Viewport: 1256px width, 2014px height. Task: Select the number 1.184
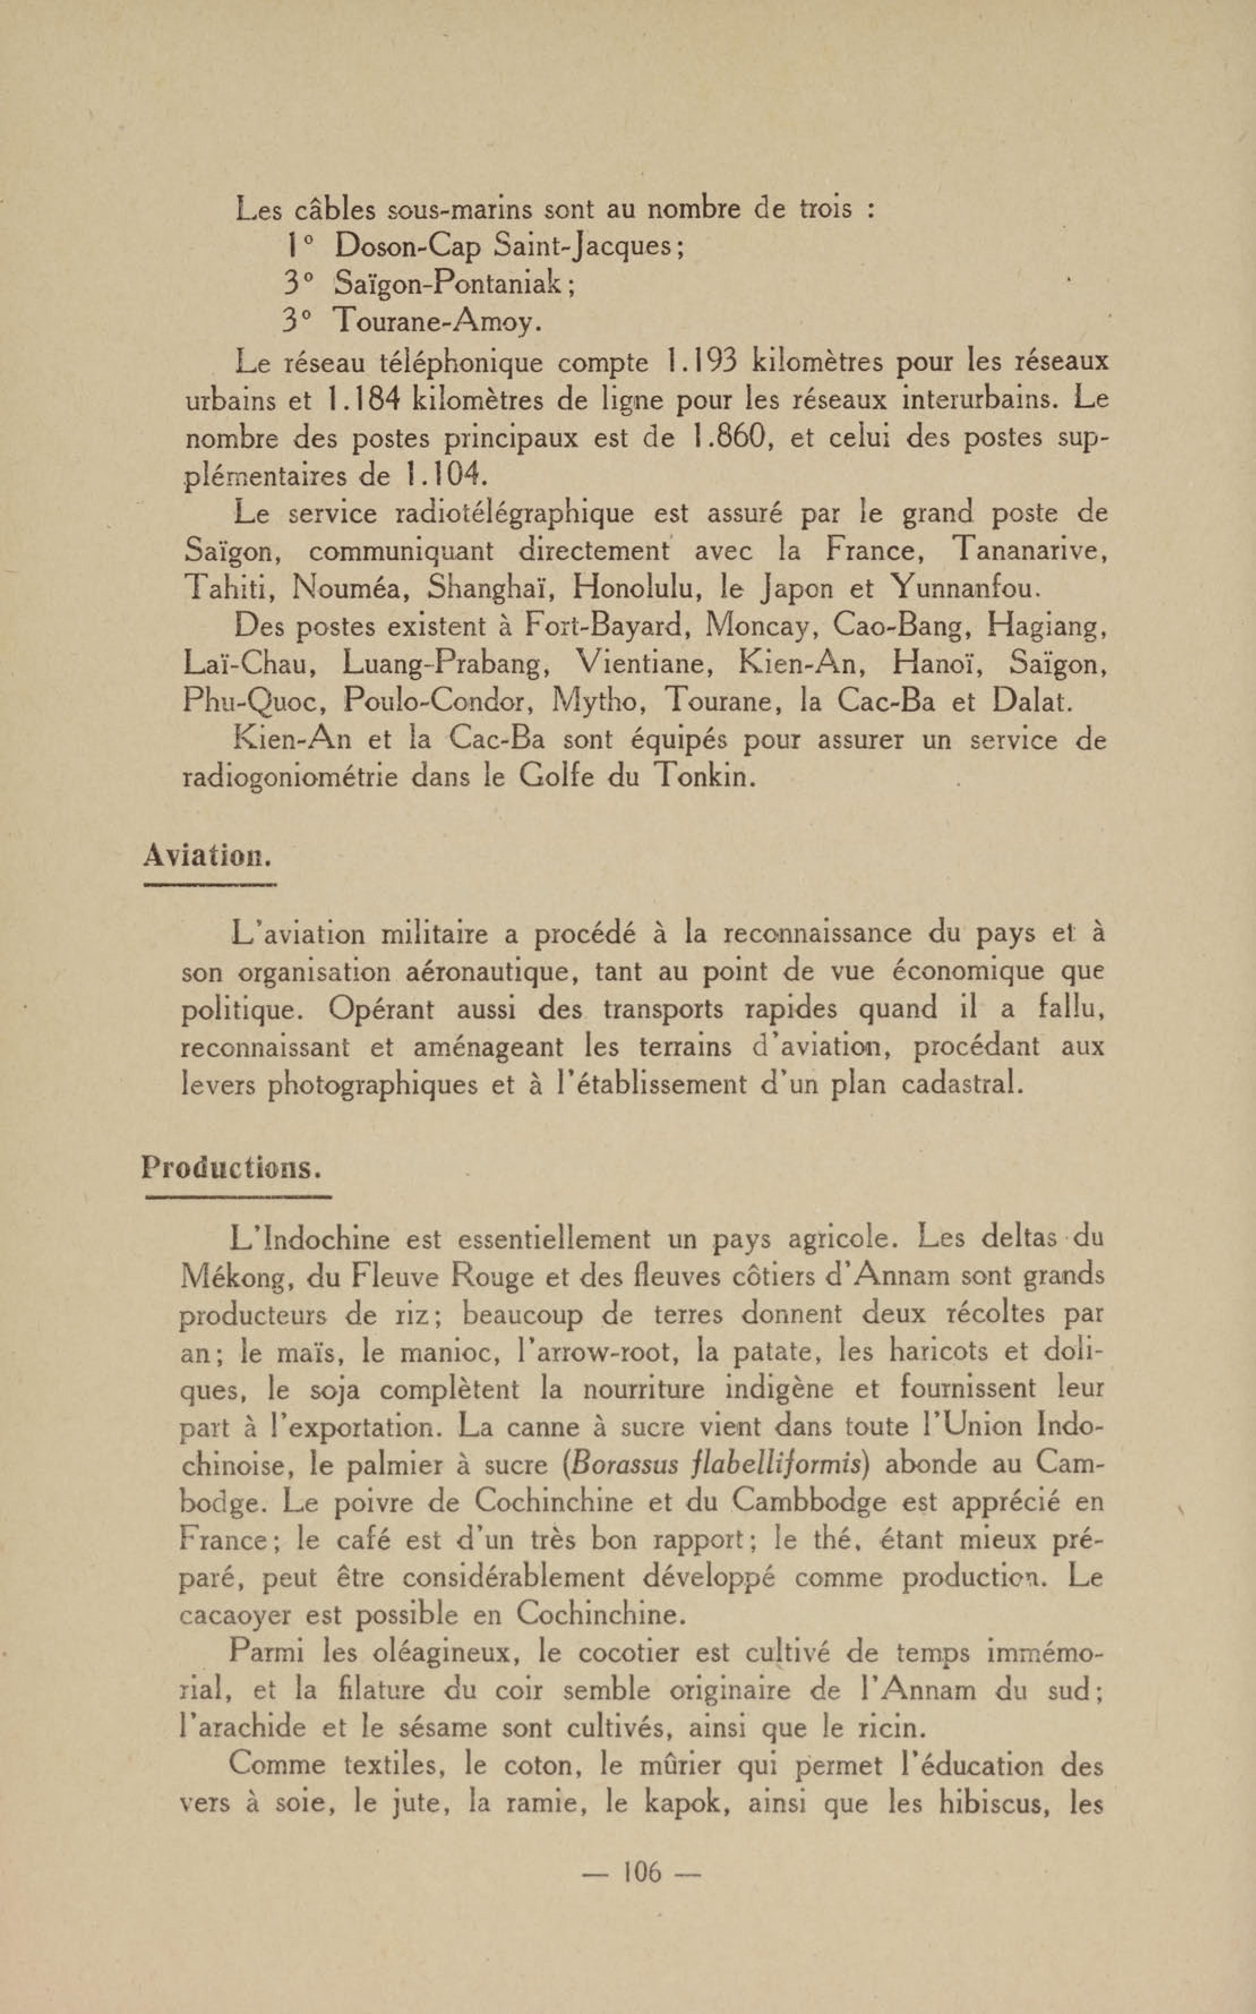[x=364, y=400]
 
